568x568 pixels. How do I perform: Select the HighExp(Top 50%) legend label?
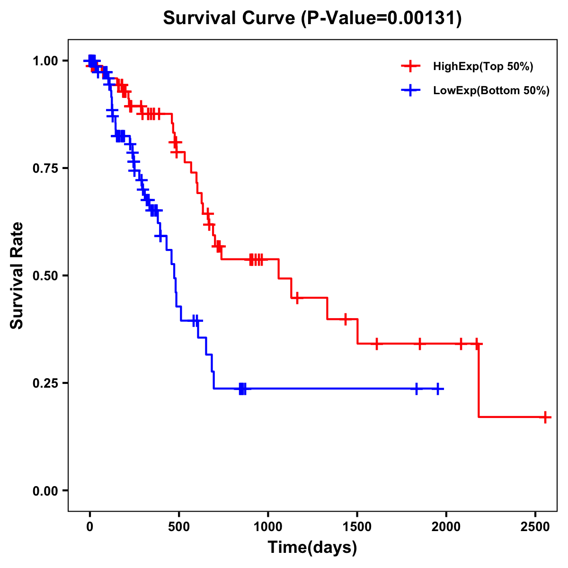coord(483,67)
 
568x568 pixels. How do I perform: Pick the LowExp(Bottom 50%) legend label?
coord(491,91)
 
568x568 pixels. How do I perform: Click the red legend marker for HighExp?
coord(410,66)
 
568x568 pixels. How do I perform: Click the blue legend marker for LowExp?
coord(410,90)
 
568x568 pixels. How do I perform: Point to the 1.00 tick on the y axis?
coord(45,61)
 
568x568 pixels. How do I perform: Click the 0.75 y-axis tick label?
coord(45,168)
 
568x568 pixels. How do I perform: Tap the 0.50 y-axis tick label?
coord(45,275)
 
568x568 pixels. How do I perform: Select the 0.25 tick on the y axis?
coord(45,383)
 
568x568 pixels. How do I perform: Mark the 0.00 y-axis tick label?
coord(45,490)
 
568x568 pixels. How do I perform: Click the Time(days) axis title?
coord(312,548)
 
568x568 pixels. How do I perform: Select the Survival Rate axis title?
coord(17,275)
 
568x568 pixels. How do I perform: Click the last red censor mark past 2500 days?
coord(545,417)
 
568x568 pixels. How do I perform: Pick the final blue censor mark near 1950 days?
coord(438,389)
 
